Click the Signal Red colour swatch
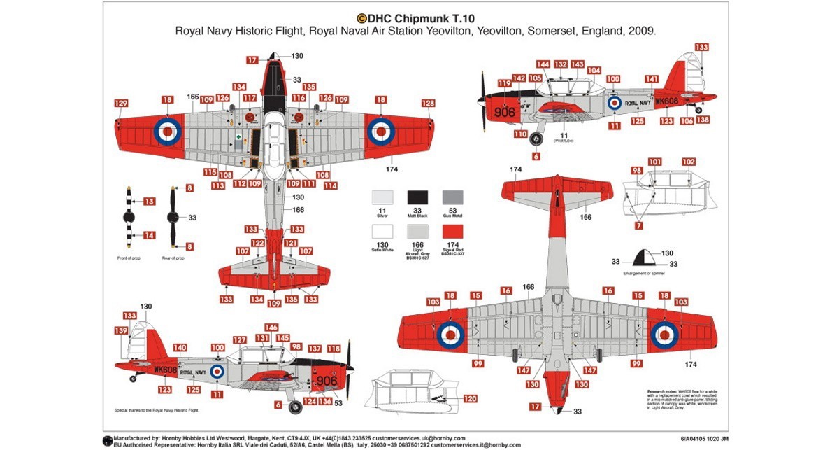(454, 234)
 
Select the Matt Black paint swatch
(418, 198)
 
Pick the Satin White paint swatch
(382, 234)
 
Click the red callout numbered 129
(121, 104)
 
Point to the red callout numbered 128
(428, 104)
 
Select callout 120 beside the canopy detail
(470, 399)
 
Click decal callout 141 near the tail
(652, 79)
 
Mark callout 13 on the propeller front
(148, 201)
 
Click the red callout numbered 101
(654, 162)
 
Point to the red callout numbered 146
(271, 328)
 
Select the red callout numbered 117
(250, 98)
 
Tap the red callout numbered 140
(180, 348)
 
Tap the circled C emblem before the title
(362, 19)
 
